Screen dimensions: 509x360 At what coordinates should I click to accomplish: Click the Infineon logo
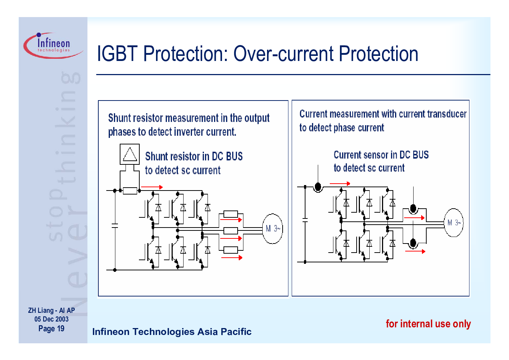pos(53,45)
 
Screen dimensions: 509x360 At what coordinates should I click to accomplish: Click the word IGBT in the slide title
pos(118,54)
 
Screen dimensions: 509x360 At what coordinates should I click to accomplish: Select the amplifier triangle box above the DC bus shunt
pos(130,154)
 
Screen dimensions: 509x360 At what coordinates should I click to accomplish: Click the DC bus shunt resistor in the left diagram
pos(130,191)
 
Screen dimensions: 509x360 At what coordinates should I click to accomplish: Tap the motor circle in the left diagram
pos(272,228)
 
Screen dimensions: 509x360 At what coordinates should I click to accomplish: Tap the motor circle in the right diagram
pos(453,223)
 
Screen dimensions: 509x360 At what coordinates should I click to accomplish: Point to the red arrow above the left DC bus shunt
pos(152,187)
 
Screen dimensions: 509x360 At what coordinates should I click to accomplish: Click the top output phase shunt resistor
pos(231,214)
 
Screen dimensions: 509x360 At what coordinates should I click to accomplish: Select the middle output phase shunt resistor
pos(231,231)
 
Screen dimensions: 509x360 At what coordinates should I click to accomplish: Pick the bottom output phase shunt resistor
pos(231,250)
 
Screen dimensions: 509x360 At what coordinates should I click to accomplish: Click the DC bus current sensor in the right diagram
pos(318,187)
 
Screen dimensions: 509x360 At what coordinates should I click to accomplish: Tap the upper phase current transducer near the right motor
pos(413,209)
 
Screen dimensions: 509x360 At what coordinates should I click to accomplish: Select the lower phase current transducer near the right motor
pos(413,243)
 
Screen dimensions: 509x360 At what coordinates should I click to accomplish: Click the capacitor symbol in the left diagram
pos(115,225)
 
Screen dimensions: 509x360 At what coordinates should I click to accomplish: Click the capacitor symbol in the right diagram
pos(305,220)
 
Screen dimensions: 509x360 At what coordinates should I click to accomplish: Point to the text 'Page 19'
pos(52,328)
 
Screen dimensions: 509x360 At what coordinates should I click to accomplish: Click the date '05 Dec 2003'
pos(52,319)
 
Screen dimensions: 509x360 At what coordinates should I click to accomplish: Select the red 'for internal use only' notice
pos(428,324)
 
